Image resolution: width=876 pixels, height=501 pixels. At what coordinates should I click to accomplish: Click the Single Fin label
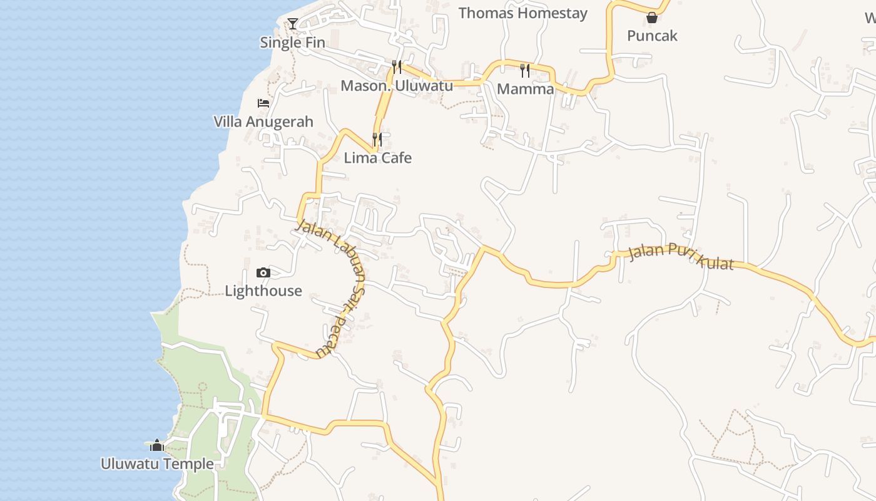click(x=292, y=43)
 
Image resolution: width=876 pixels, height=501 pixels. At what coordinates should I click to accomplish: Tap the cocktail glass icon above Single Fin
click(x=293, y=24)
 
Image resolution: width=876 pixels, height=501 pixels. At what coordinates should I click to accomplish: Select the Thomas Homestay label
click(x=522, y=13)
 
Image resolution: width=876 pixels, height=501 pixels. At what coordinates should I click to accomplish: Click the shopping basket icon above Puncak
click(x=652, y=18)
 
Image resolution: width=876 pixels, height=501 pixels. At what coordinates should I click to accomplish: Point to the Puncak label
click(x=652, y=36)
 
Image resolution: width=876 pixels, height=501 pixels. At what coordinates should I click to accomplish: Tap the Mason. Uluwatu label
click(x=396, y=85)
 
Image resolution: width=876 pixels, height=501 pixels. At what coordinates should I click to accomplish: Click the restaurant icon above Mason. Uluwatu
click(x=396, y=66)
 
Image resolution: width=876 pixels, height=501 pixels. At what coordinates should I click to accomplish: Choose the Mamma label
click(x=525, y=89)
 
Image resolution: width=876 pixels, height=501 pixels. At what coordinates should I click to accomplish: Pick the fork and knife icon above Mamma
click(x=525, y=70)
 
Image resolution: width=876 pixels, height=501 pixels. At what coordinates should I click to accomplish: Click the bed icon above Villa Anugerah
click(x=263, y=103)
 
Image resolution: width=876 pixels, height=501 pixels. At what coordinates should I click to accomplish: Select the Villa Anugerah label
click(x=263, y=121)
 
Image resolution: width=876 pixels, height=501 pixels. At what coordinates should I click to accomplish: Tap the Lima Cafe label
click(x=377, y=158)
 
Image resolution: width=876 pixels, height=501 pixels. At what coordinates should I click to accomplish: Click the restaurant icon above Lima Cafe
click(x=377, y=139)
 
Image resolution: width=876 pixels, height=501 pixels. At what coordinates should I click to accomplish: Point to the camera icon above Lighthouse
click(x=263, y=272)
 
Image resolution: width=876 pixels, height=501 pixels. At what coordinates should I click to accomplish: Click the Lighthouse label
click(x=263, y=291)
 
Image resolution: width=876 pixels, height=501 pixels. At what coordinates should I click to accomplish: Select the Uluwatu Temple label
click(x=157, y=464)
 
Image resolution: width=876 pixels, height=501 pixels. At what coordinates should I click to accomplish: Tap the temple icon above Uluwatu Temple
click(x=157, y=445)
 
